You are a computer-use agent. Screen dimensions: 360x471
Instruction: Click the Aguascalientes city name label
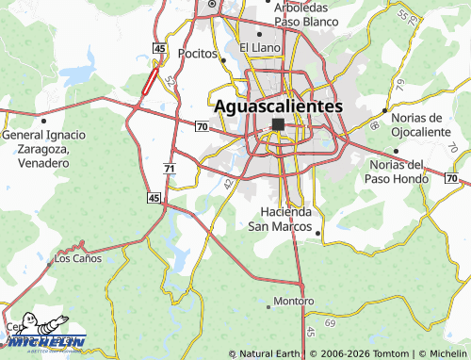[x=279, y=106]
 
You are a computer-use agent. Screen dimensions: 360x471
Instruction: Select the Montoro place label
[x=293, y=302]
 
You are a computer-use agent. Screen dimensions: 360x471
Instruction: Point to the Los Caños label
[x=77, y=258]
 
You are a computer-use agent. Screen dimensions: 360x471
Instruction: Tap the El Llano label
[x=257, y=47]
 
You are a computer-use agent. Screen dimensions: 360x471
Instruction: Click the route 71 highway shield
[x=169, y=168]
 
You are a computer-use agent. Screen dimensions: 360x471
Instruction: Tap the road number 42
[x=229, y=182]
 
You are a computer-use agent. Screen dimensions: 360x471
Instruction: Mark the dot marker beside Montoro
[x=268, y=304]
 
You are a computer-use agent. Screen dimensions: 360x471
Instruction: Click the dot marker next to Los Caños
[x=50, y=264]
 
